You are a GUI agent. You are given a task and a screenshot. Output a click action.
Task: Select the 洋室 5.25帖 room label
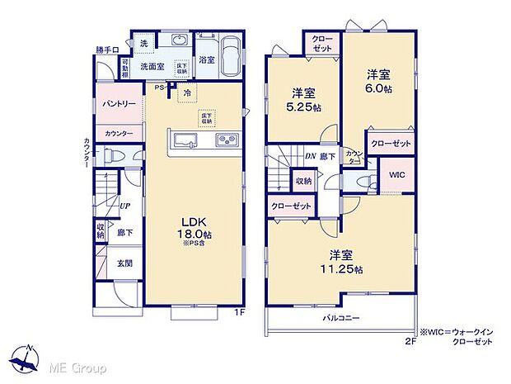301,99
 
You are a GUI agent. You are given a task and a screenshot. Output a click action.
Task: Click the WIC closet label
396,175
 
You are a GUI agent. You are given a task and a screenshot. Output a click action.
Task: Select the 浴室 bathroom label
206,59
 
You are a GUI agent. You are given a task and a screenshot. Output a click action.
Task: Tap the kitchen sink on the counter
182,140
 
